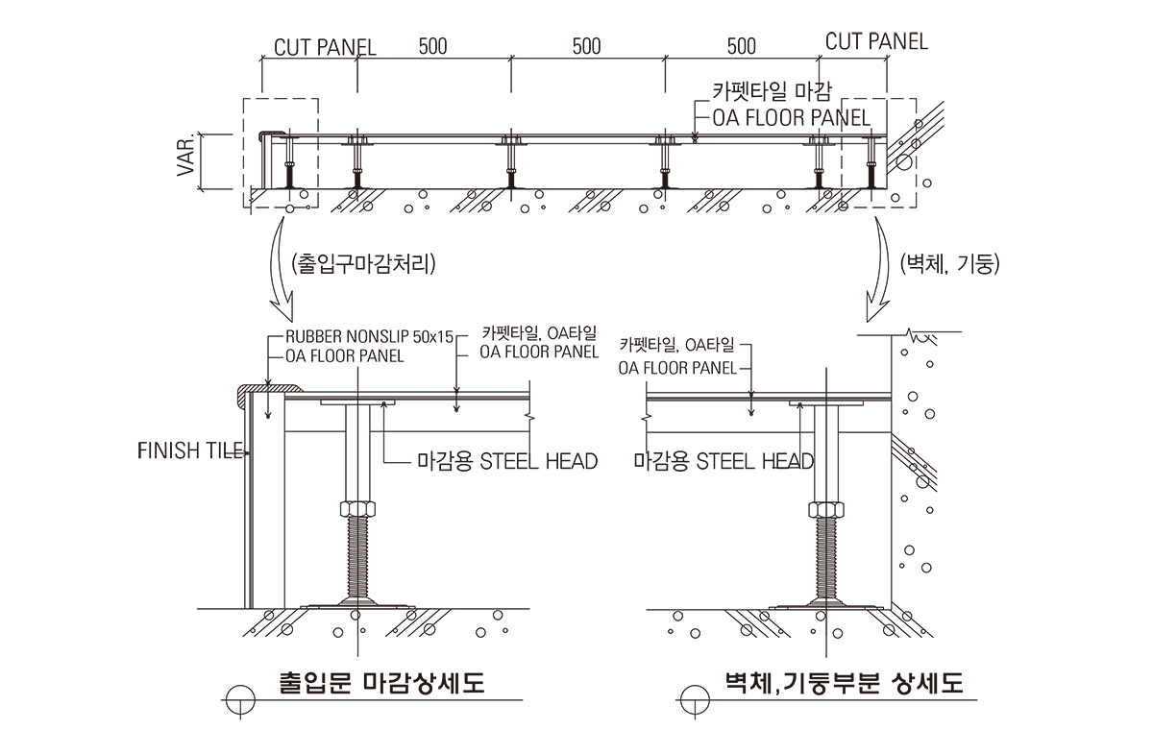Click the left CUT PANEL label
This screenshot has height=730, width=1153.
click(325, 47)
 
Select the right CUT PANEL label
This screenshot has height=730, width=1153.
click(876, 41)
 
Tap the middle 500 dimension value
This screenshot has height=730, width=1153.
click(587, 46)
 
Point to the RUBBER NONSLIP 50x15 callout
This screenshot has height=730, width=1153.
click(369, 337)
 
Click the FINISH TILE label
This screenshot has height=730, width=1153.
click(192, 450)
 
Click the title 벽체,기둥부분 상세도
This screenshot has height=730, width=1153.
click(844, 684)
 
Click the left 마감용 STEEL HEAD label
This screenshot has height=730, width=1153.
click(507, 462)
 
